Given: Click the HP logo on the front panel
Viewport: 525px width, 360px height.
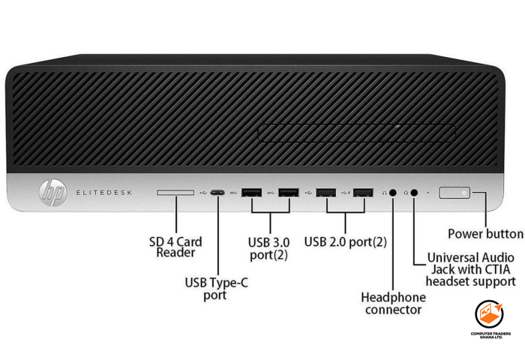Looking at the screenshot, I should click(x=53, y=194).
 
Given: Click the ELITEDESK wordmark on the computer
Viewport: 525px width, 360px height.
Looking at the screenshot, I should click(x=103, y=193).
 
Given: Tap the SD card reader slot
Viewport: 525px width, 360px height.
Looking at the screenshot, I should click(x=175, y=193).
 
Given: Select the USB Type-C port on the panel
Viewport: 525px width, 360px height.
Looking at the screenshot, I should click(x=217, y=193).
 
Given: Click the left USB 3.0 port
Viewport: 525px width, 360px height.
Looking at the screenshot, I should click(x=252, y=193).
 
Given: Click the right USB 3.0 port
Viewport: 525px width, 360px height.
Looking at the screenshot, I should click(x=289, y=193).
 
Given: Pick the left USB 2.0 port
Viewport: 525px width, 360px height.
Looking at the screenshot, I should click(x=326, y=193).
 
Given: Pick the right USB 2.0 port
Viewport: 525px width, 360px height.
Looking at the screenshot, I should click(x=363, y=193).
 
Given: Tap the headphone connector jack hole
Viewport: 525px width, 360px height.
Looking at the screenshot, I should click(x=393, y=193).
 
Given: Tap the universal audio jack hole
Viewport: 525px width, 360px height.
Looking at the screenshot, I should click(x=414, y=193).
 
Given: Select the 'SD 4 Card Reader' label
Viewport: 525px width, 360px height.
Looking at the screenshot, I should click(x=175, y=247).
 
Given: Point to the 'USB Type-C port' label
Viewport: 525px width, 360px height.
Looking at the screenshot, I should click(x=217, y=289).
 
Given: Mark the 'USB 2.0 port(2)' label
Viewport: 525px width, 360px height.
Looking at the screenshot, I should click(x=346, y=242).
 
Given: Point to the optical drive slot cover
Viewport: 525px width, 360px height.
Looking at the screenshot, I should click(x=355, y=134).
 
